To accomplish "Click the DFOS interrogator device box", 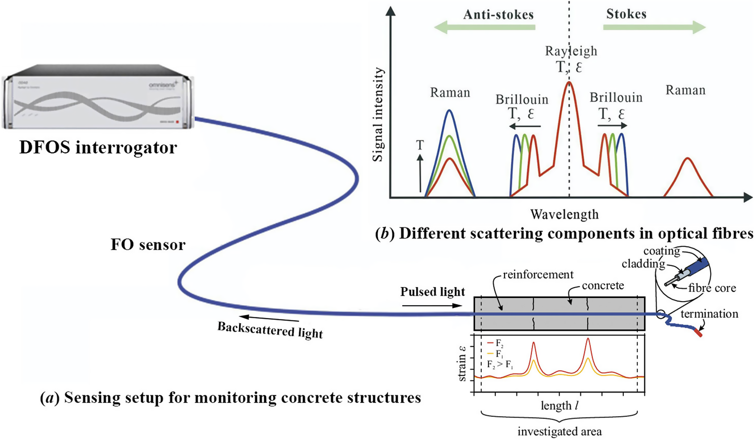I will click(98, 97).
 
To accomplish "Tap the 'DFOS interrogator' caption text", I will click(98, 147).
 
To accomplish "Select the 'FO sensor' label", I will click(148, 245).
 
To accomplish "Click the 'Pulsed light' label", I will click(432, 292).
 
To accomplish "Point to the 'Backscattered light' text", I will click(270, 330).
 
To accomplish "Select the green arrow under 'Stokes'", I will click(654, 27).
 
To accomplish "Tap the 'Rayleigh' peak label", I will click(571, 51).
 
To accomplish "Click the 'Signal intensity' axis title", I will click(378, 115).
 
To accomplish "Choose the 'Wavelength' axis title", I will click(564, 214).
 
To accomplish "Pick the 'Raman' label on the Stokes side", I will click(685, 90).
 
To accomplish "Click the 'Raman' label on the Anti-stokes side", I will click(450, 93).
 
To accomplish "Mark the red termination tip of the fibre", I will click(699, 333).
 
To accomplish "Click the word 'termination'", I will click(709, 314).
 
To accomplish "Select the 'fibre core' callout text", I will click(712, 288).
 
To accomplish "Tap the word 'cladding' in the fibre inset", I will click(643, 264).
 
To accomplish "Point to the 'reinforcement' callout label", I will click(538, 274).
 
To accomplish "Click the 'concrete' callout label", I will click(603, 286).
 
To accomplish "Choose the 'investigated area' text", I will click(560, 432).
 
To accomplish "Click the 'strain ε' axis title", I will click(462, 364).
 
